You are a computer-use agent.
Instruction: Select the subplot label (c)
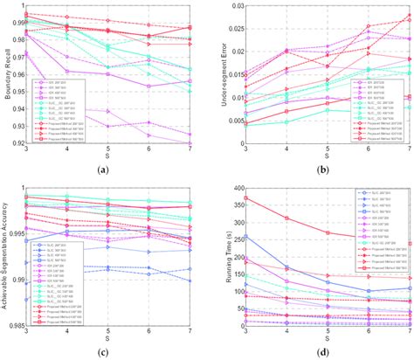click(106, 353)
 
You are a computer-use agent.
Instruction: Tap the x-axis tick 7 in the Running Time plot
click(410, 332)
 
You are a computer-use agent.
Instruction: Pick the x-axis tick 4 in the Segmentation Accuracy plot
click(66, 332)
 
